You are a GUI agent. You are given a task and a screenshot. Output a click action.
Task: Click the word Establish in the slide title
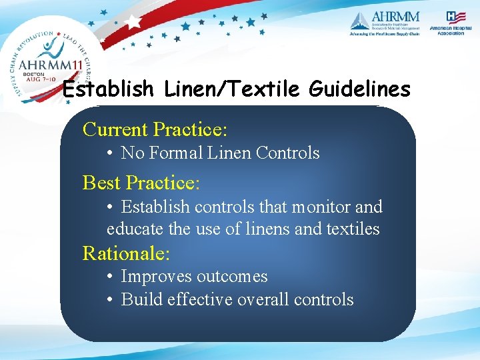108,89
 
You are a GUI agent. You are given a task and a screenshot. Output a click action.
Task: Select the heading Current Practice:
155,129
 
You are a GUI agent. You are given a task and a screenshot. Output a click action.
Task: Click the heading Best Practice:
141,182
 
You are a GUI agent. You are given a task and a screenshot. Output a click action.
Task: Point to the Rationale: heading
127,253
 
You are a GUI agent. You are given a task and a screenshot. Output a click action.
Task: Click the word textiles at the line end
353,229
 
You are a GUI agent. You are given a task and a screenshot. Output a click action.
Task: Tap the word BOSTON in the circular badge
33,75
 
